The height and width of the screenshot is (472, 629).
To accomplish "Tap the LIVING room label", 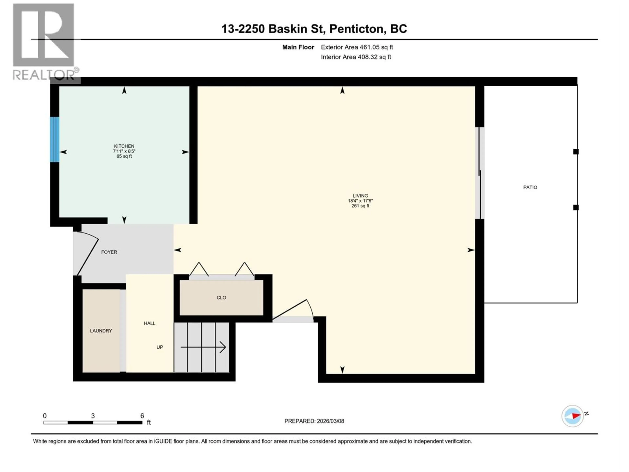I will tap(360, 196).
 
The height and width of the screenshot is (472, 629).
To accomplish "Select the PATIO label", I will tap(530, 187).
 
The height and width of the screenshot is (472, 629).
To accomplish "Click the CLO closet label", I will tap(221, 298).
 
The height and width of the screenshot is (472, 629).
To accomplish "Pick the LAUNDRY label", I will tap(101, 331).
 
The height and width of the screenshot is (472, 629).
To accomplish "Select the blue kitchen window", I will tap(55, 139).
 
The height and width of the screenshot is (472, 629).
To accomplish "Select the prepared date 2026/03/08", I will tap(330, 421).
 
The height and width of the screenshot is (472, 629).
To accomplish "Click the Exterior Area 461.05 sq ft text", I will tap(357, 47).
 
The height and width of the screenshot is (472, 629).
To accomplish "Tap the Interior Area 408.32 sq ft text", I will tap(356, 57).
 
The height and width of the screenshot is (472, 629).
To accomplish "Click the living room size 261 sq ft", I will tap(360, 206).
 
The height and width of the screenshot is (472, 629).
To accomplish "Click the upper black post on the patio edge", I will tap(576, 152).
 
